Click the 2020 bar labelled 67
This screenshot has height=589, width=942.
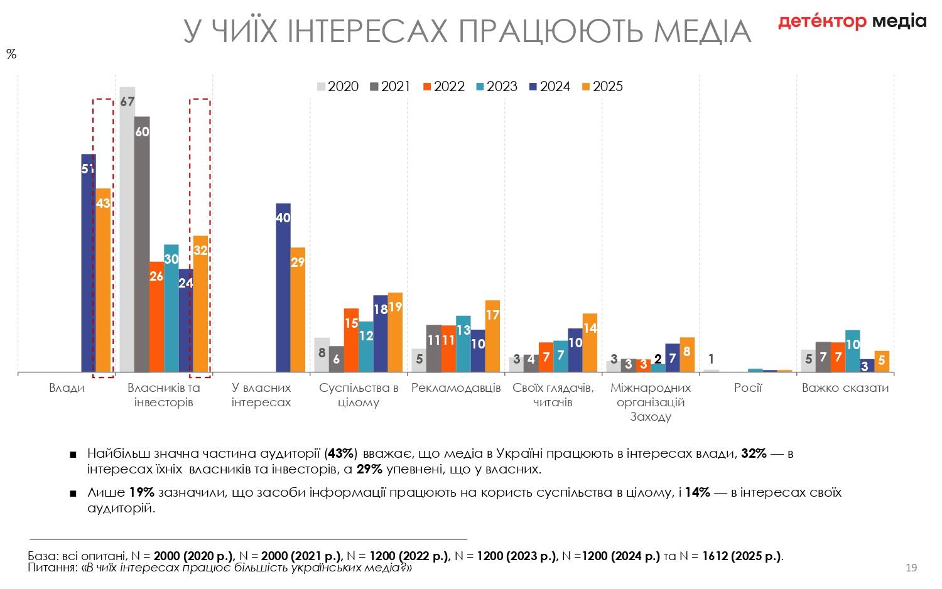pyautogui.click(x=127, y=229)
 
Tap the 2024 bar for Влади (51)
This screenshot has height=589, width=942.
pyautogui.click(x=89, y=263)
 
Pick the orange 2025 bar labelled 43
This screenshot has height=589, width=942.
pyautogui.click(x=103, y=280)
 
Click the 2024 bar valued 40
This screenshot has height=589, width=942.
pyautogui.click(x=283, y=288)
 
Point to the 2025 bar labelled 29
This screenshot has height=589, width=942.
pyautogui.click(x=298, y=310)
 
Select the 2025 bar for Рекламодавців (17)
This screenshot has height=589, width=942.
pyautogui.click(x=492, y=337)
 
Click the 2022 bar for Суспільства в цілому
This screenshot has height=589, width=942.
pyautogui.click(x=351, y=340)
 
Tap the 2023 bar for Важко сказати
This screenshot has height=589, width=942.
pyautogui.click(x=853, y=351)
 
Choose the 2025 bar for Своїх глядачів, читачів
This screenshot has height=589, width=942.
pyautogui.click(x=590, y=343)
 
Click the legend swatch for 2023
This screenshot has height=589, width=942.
pyautogui.click(x=480, y=87)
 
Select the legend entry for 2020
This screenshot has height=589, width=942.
pyautogui.click(x=338, y=87)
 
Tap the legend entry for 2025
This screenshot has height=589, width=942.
pyautogui.click(x=602, y=87)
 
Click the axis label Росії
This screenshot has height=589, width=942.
pyautogui.click(x=748, y=387)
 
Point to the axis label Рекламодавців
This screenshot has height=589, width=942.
pyautogui.click(x=456, y=387)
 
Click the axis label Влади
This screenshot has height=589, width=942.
pyautogui.click(x=67, y=387)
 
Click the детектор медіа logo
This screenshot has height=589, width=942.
pyautogui.click(x=852, y=21)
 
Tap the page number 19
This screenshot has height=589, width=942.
pyautogui.click(x=911, y=568)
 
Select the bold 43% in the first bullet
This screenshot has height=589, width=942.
pyautogui.click(x=342, y=453)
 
